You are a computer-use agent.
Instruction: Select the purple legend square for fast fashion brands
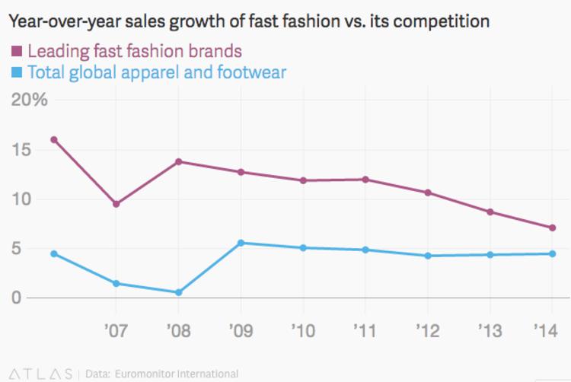click(15, 53)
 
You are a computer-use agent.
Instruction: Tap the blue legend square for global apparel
click(15, 73)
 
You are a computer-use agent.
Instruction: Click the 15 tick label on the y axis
click(23, 150)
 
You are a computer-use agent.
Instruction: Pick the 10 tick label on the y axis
click(23, 199)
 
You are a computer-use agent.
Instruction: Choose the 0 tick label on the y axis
click(16, 298)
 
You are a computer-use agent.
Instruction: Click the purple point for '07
click(116, 204)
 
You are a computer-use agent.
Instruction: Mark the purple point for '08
click(178, 161)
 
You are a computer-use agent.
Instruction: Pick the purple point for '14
click(553, 228)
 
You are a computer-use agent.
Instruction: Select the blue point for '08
click(178, 292)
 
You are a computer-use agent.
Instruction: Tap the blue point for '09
click(241, 243)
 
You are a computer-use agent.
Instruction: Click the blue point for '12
click(428, 256)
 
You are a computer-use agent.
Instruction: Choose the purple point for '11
click(365, 180)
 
